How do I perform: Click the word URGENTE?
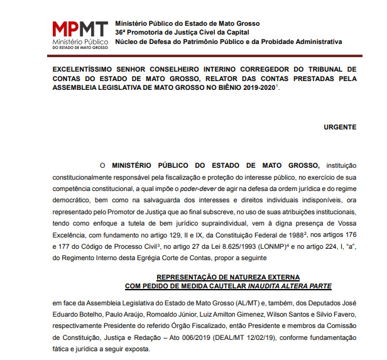340,126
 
